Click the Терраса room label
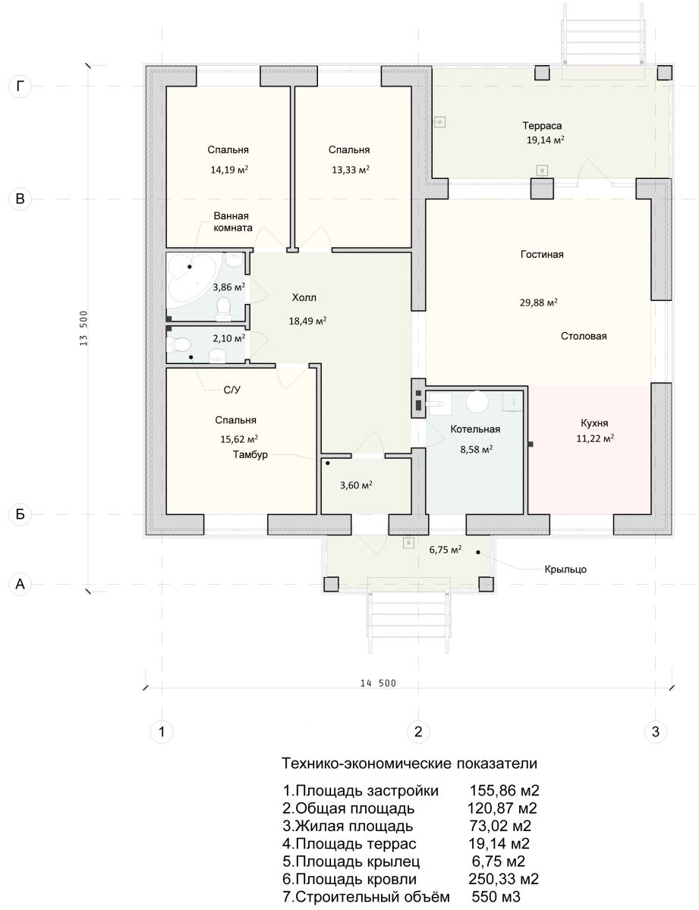(x=541, y=125)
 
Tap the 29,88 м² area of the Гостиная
(x=538, y=302)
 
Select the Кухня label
(x=594, y=422)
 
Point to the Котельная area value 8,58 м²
(x=476, y=450)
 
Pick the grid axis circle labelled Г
(x=20, y=86)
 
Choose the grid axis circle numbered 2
(x=418, y=731)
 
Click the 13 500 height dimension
(x=83, y=328)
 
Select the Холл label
(x=304, y=297)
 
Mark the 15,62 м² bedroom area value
(x=239, y=439)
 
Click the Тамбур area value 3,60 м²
(x=356, y=485)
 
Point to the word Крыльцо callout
(x=565, y=569)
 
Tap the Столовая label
(x=584, y=336)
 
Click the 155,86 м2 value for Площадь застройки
(x=504, y=790)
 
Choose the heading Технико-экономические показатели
(x=409, y=763)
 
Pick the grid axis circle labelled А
(x=20, y=583)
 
